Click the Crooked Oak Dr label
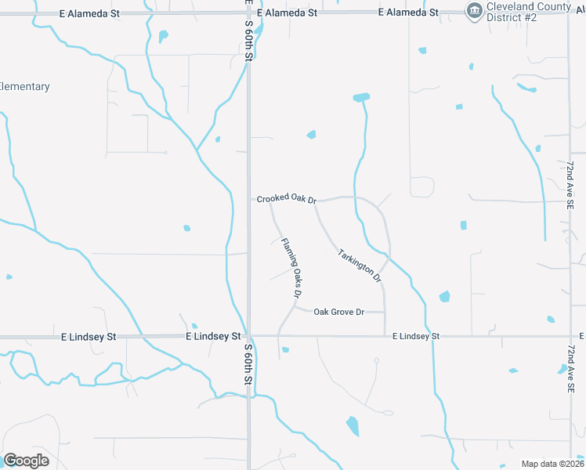click(286, 199)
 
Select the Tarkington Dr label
click(360, 266)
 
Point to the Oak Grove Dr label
click(339, 312)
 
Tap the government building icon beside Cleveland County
click(474, 11)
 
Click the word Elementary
click(24, 87)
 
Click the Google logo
click(26, 460)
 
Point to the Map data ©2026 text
click(553, 464)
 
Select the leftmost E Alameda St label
click(90, 13)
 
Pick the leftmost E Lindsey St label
click(89, 337)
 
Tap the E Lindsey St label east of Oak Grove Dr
click(416, 337)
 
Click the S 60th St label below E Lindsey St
click(248, 363)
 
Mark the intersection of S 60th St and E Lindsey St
click(248, 336)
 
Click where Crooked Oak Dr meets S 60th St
click(248, 200)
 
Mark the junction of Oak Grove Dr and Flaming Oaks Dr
click(295, 307)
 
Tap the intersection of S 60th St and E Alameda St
click(248, 13)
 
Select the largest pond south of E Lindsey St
click(353, 426)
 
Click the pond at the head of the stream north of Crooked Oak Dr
click(361, 98)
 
